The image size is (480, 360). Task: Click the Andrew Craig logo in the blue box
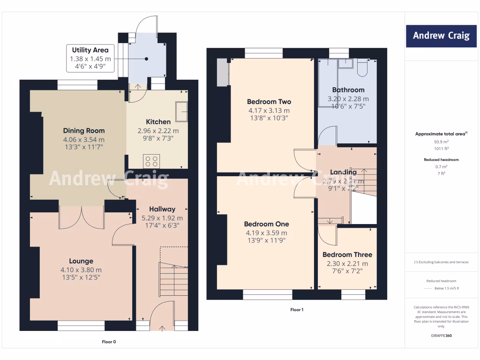pos(441,36)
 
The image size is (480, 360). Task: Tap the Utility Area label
pos(90,50)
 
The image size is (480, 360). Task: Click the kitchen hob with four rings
pos(151,161)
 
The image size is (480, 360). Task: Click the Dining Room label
pos(84,131)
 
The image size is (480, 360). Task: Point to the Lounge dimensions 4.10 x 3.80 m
pos(81,270)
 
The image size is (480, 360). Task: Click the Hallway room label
pos(162,209)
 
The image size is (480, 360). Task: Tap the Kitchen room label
pos(158,122)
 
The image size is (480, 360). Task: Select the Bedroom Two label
pos(269,102)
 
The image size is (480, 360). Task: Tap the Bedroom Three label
pos(347,255)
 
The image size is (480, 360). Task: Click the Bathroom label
pos(348,90)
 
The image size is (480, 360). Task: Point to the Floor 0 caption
pos(109,342)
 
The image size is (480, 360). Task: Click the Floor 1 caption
pos(297,310)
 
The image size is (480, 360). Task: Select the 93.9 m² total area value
pos(441,141)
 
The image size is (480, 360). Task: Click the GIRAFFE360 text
pos(441,336)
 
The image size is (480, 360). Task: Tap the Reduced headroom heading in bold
pos(441,159)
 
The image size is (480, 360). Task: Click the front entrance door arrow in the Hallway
pos(162,328)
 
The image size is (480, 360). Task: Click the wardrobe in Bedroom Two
pos(221,73)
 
